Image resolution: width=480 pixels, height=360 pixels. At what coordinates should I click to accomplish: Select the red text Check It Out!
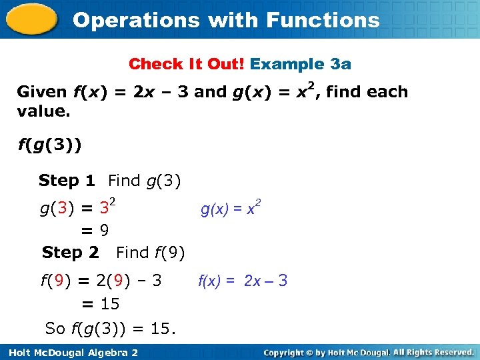point(187,64)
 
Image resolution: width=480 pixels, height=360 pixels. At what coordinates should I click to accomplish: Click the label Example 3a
point(301,64)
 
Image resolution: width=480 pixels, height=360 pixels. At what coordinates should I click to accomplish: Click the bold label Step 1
point(67,181)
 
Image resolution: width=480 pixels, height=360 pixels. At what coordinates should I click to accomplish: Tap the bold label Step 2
point(70,253)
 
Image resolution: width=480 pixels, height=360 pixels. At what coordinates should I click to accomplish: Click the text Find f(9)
point(150,253)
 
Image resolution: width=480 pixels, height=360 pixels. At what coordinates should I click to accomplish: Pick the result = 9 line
point(95,231)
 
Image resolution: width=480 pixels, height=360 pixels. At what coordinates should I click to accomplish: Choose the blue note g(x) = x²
point(231,209)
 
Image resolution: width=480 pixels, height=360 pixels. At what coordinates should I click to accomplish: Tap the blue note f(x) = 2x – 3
point(243,281)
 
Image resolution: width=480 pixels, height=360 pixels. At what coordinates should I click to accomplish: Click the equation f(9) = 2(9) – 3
point(101,281)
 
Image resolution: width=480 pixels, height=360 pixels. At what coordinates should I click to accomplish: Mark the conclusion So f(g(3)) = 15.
point(110,328)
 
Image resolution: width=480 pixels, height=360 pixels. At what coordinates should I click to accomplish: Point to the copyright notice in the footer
point(368,352)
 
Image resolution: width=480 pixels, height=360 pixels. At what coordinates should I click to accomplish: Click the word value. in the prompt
point(43,111)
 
